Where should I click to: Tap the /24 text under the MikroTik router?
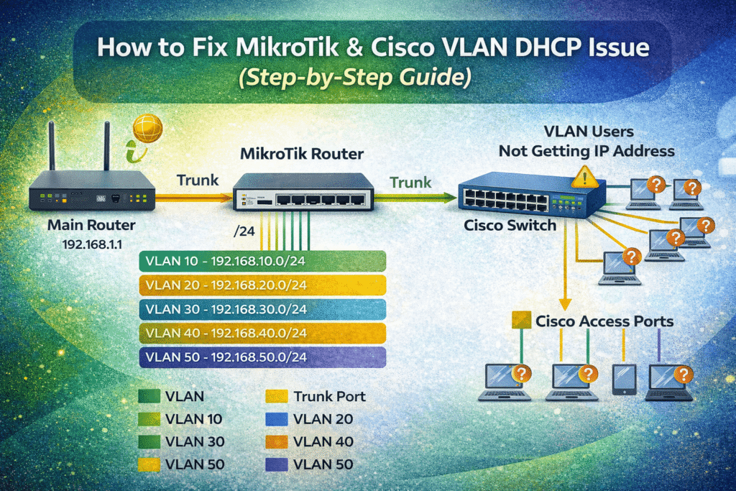245,231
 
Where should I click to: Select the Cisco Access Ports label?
604,321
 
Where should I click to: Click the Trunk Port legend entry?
329,396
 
